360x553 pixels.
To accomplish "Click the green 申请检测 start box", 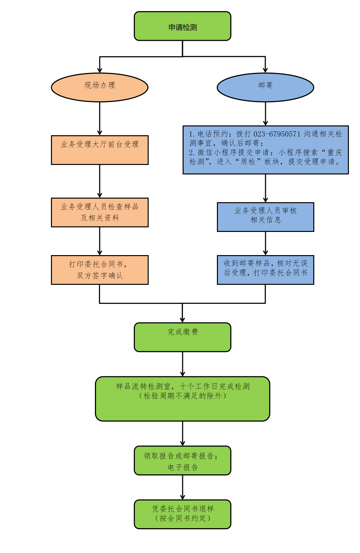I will [x=182, y=26].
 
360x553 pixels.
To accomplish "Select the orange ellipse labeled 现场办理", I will [x=100, y=87].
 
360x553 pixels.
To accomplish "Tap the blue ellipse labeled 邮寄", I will [x=265, y=87].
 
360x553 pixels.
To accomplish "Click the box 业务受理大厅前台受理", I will [x=100, y=150].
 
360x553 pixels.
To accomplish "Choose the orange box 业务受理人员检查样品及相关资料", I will [x=100, y=212].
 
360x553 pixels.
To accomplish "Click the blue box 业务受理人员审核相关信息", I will [x=265, y=217].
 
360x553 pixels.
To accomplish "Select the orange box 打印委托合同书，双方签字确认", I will [x=100, y=270].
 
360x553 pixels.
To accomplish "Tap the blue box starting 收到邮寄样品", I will [x=265, y=270].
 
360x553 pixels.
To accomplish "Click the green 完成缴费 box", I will [x=182, y=337].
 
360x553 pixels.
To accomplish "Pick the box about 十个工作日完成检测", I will [x=182, y=398].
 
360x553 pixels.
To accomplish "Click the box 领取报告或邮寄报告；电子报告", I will [x=182, y=460].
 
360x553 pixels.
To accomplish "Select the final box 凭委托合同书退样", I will [x=182, y=514].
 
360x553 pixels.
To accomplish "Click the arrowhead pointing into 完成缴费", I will [x=182, y=320].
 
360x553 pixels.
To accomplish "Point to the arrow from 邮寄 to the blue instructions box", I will [x=265, y=114].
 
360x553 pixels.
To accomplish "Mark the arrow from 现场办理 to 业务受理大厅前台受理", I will [x=100, y=118].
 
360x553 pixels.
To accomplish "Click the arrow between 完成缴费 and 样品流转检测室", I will [x=182, y=364].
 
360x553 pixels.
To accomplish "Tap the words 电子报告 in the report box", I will [x=183, y=467].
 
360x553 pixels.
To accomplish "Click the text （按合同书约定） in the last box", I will [x=183, y=518].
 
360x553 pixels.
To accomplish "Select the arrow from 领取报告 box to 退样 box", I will [x=182, y=487].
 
